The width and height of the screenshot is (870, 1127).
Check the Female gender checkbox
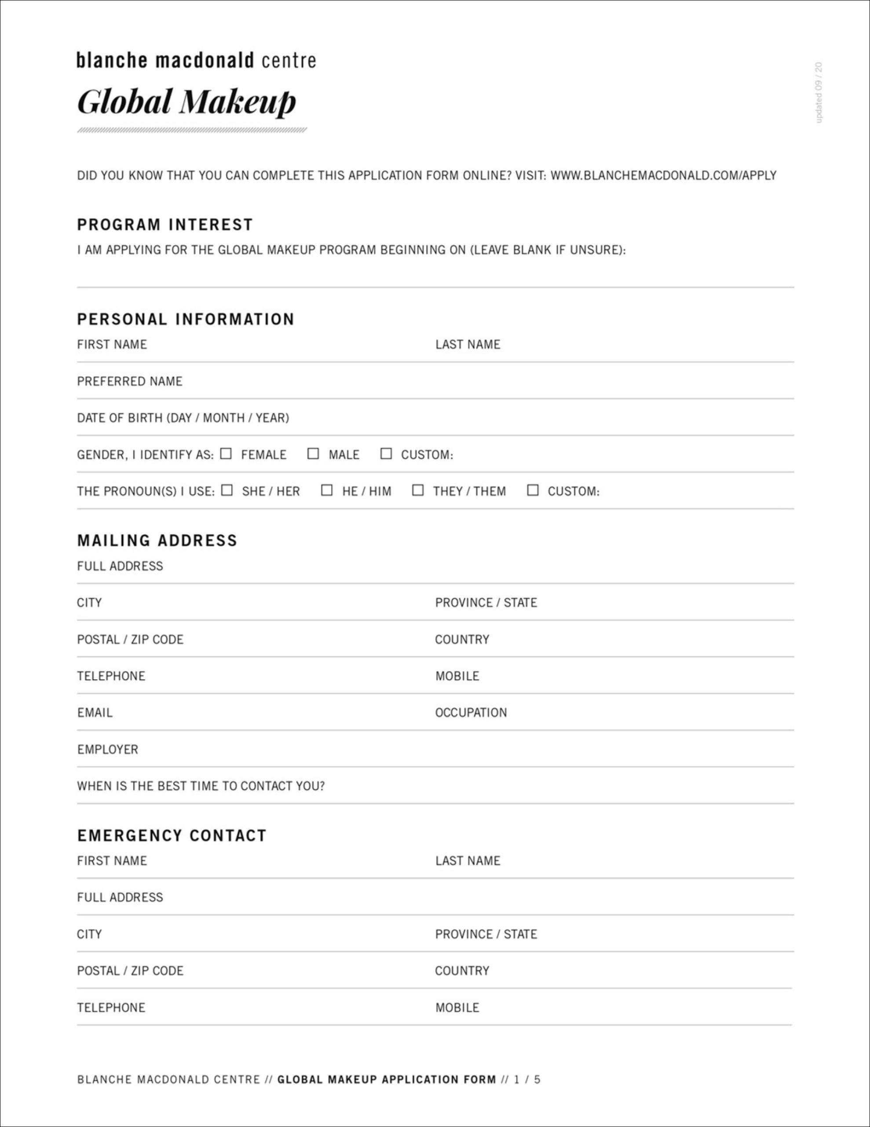click(x=226, y=453)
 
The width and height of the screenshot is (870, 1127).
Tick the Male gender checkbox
click(x=313, y=453)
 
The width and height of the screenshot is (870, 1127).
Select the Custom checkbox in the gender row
click(x=386, y=453)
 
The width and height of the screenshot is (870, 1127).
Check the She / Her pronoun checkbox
click(x=227, y=490)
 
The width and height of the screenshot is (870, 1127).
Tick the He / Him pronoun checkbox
click(x=326, y=490)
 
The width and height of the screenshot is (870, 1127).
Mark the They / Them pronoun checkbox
click(x=418, y=490)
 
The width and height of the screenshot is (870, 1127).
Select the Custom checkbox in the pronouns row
click(x=533, y=490)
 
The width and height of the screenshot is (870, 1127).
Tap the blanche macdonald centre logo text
click(x=196, y=60)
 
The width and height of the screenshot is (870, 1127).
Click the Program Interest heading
click(x=165, y=225)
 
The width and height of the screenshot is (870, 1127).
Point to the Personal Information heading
click(x=186, y=320)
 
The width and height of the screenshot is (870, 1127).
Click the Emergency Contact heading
click(x=172, y=836)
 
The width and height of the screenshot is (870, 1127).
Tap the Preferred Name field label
click(x=129, y=381)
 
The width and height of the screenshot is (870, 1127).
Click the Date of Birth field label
click(x=183, y=418)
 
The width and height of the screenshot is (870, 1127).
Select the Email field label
click(x=95, y=713)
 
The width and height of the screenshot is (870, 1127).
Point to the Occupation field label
click(x=471, y=713)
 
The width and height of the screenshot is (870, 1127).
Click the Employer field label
click(x=108, y=749)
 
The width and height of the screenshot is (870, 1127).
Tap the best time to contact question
click(x=201, y=786)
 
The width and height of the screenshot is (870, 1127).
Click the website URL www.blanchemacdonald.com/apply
click(x=663, y=176)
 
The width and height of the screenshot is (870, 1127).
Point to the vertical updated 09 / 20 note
click(x=819, y=93)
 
